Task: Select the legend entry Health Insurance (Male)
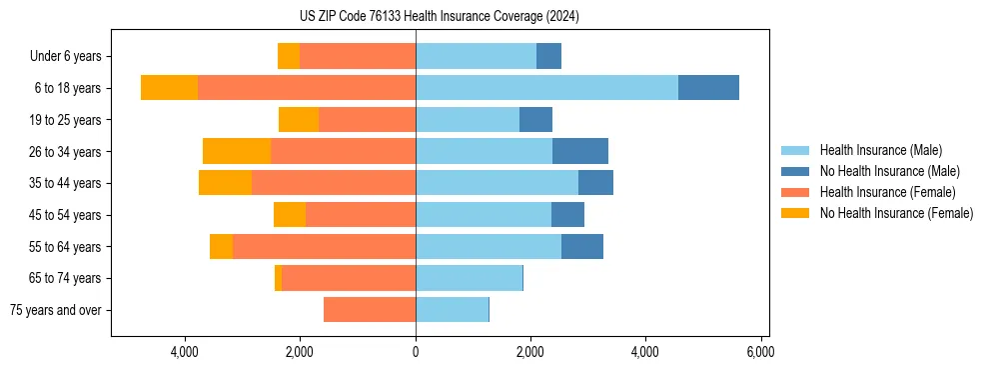880,150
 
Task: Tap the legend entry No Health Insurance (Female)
896,213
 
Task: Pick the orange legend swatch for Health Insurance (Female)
796,192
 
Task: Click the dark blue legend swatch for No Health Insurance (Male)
796,171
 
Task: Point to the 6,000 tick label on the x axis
760,352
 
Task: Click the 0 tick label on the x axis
416,352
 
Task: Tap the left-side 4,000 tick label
186,352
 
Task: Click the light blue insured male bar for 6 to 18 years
546,88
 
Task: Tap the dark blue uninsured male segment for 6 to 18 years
708,88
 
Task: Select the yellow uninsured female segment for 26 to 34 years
237,151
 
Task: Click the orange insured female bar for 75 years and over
370,310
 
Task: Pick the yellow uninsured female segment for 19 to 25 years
299,120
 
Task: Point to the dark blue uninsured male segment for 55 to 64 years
582,246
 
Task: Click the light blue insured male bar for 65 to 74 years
469,278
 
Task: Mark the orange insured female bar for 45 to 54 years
361,215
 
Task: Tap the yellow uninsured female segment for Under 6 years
289,57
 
